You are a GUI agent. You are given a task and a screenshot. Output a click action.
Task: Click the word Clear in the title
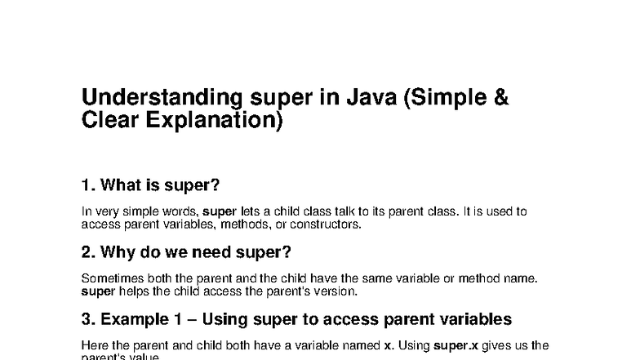[x=107, y=121]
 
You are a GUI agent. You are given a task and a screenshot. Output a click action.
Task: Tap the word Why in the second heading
[x=120, y=251]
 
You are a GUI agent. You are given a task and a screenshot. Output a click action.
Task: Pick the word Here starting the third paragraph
[x=94, y=345]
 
